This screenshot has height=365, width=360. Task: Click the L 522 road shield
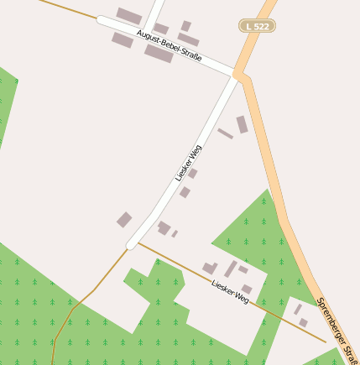258,26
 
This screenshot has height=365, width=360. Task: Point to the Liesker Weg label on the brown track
230,292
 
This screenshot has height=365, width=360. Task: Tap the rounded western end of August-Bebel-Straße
102,18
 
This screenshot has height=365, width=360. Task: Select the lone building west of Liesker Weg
124,220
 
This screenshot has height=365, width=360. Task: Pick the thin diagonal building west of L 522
225,133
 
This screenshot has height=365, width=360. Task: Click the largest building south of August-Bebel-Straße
159,54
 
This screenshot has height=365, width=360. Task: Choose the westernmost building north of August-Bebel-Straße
128,16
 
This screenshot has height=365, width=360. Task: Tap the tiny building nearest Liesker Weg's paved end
175,234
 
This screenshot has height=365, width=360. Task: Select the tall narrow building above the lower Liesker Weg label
230,269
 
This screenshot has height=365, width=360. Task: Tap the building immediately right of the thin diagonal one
242,125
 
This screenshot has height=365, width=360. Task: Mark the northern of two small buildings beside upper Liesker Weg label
192,174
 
